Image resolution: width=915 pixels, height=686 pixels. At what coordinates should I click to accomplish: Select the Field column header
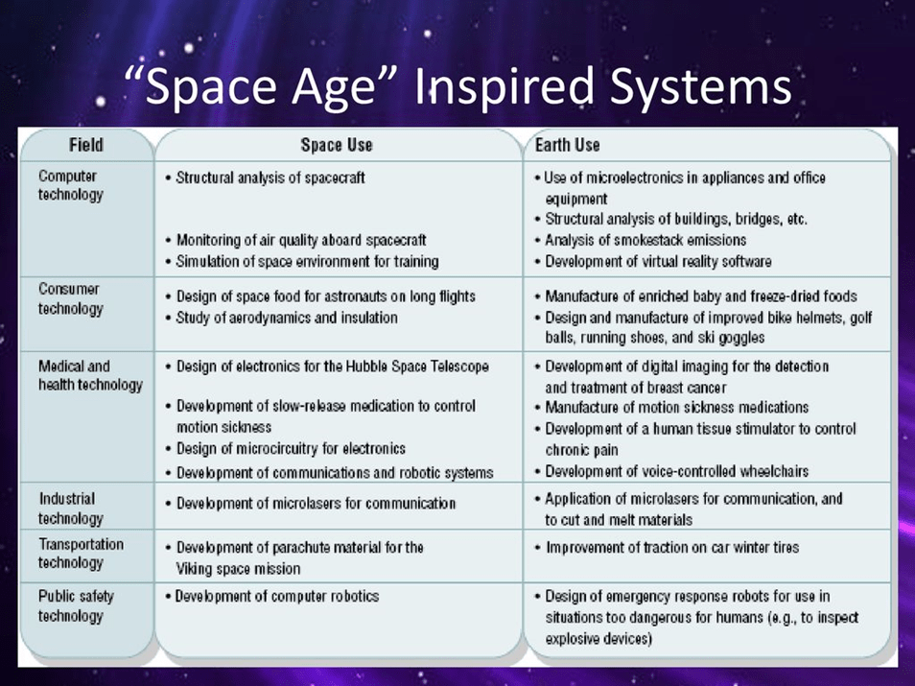tap(86, 145)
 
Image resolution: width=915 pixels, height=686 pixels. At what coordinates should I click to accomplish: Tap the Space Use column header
tap(337, 145)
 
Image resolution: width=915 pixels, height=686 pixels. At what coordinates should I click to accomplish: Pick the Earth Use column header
tap(567, 145)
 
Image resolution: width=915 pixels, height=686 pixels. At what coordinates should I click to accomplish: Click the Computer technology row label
tap(71, 185)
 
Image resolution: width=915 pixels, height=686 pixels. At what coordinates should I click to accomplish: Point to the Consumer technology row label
tap(71, 298)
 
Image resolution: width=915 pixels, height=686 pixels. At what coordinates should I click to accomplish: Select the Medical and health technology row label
tap(90, 375)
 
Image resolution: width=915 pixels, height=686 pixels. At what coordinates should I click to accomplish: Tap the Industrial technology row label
tap(71, 509)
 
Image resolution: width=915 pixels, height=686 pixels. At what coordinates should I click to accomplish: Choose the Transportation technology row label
tap(81, 554)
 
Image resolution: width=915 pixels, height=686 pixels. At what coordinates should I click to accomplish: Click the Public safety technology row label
tap(76, 606)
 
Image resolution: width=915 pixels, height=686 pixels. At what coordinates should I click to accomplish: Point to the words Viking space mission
tap(238, 569)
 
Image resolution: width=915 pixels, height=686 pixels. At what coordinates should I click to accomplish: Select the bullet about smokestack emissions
tap(641, 240)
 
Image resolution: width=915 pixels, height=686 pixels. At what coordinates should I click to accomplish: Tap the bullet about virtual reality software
tap(653, 261)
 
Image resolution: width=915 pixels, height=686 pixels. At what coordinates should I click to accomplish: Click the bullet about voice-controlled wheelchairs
tap(671, 471)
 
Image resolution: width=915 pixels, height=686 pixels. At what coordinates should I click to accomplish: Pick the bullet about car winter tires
tap(667, 548)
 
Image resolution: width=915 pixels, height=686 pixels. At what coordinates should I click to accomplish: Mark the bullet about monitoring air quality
tap(295, 240)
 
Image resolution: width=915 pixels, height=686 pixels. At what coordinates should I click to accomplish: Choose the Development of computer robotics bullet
tap(272, 596)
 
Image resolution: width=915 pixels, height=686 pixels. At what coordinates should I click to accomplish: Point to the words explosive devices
tap(598, 639)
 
